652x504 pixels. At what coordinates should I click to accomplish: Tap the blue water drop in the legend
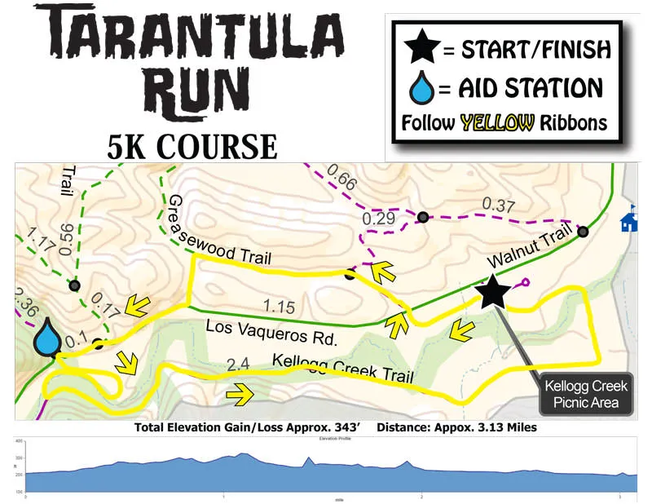click(x=423, y=87)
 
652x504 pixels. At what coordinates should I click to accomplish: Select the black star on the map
click(x=491, y=291)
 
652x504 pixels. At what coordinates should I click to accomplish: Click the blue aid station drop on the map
click(x=48, y=338)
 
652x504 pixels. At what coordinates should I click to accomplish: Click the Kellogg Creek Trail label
click(x=343, y=368)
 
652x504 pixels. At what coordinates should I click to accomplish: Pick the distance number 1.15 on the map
click(x=276, y=306)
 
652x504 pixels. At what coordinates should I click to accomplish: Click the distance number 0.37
click(x=498, y=203)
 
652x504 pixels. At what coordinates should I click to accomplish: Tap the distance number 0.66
click(x=341, y=181)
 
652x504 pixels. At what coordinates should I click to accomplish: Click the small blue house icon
click(x=628, y=221)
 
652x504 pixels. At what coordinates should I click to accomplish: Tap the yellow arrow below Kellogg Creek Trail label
click(x=240, y=396)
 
